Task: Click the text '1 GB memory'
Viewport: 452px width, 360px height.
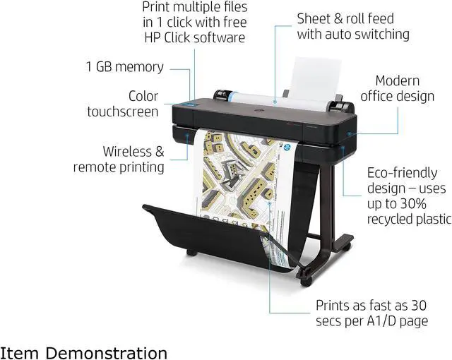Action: click(x=124, y=67)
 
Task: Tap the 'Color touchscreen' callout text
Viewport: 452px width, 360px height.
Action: click(x=123, y=104)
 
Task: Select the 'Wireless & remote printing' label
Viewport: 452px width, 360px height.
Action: click(x=119, y=159)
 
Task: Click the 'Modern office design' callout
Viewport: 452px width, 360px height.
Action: click(x=397, y=89)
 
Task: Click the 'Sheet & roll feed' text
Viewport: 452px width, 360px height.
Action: click(x=345, y=18)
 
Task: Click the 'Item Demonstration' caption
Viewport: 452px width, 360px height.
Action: click(x=84, y=352)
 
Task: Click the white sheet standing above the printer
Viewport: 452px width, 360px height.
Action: click(x=314, y=78)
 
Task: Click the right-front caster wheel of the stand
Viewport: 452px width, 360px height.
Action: click(x=306, y=280)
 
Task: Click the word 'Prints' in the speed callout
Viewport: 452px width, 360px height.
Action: click(x=335, y=306)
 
